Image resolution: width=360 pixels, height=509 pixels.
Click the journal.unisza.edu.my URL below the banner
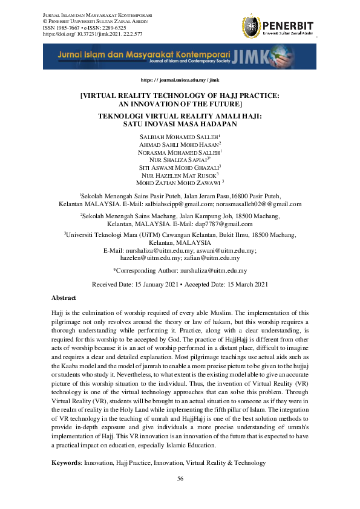click(x=180, y=80)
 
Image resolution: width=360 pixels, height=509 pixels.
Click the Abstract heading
click(x=64, y=298)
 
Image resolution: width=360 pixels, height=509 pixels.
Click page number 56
click(x=180, y=479)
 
